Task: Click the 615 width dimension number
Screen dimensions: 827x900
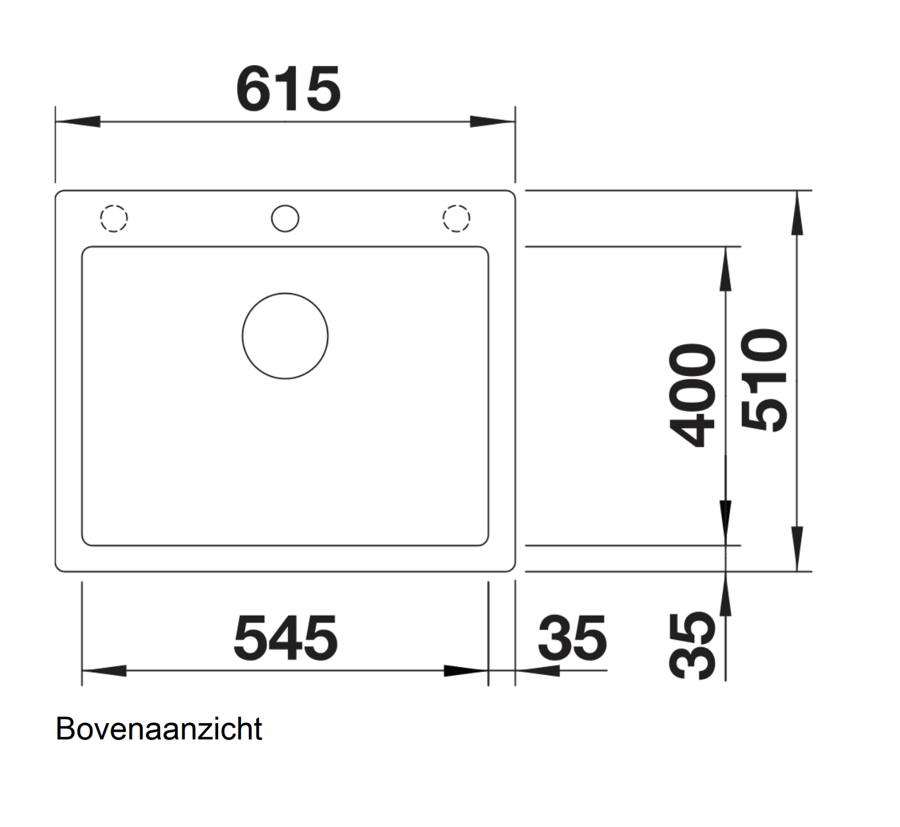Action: (288, 90)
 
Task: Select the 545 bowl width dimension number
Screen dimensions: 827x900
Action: (285, 637)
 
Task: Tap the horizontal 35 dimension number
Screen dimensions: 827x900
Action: (571, 637)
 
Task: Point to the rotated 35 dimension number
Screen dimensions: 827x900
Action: (692, 645)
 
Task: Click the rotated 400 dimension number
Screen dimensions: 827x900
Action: (692, 395)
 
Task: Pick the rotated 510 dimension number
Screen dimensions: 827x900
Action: (764, 380)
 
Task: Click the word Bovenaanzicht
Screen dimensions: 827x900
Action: (159, 729)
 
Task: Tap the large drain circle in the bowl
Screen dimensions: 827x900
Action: (285, 336)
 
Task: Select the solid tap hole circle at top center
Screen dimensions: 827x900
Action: (285, 219)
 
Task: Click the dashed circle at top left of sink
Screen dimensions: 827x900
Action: (113, 219)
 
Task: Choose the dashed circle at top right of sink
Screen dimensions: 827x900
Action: (456, 219)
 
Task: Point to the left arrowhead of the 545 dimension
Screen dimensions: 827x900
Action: (104, 671)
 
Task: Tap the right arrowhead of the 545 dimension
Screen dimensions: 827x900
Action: (465, 671)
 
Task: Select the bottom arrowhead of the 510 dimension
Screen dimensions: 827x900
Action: (797, 548)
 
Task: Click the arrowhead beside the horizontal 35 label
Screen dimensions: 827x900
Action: (538, 671)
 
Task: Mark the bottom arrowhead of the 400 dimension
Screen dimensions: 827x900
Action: (725, 523)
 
